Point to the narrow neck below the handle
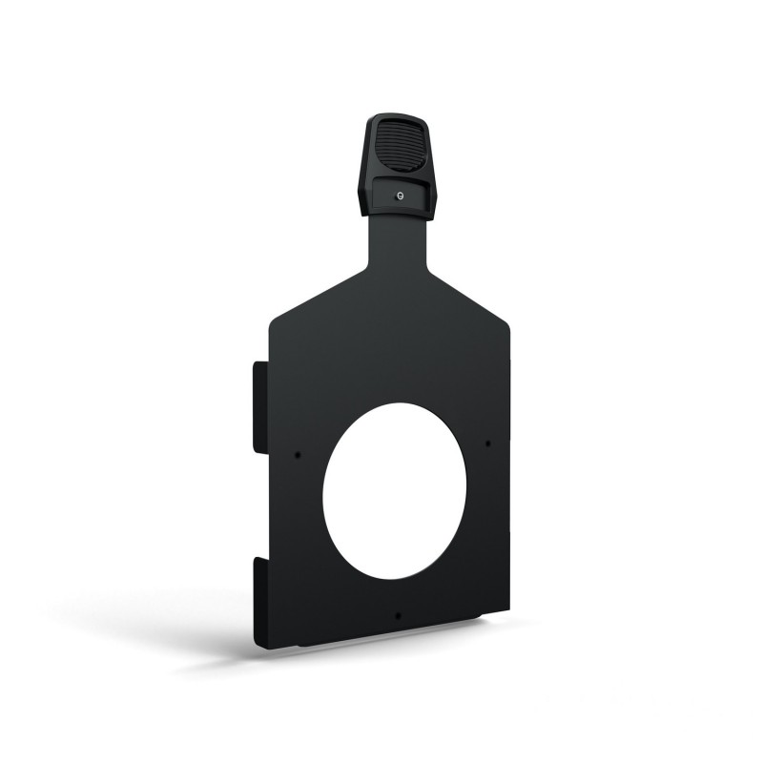[x=395, y=243]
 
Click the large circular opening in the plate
[x=394, y=489]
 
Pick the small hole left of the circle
[x=298, y=454]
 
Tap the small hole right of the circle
[x=487, y=443]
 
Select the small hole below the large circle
[x=398, y=614]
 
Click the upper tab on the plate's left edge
[x=258, y=406]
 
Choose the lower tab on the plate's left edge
[x=258, y=601]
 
